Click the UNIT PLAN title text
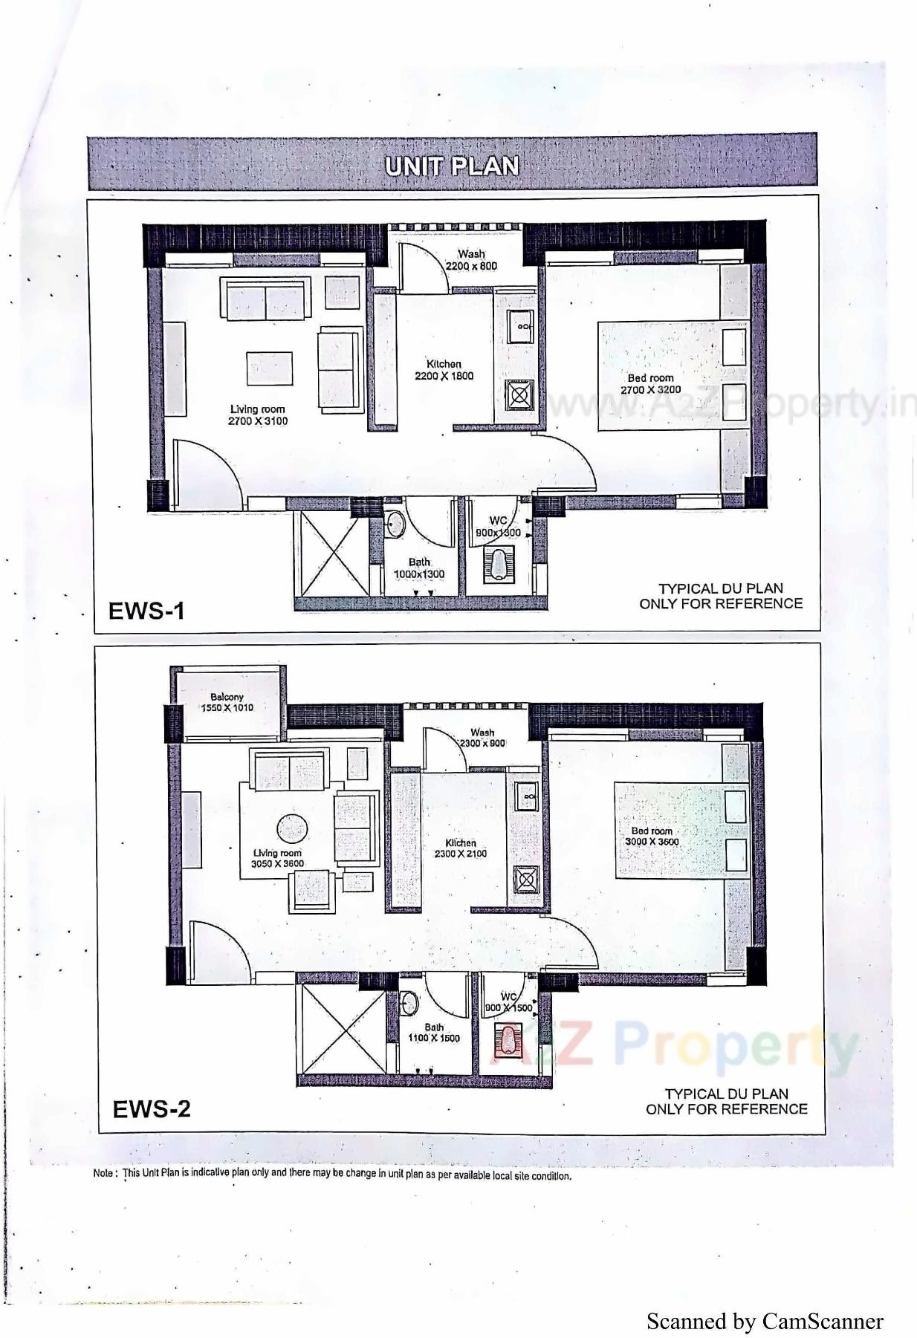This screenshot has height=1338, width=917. coord(452,166)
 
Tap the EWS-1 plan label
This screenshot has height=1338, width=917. coord(146,611)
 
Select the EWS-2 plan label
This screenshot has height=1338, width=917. coord(151,1108)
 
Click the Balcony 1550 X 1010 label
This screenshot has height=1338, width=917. coord(227,702)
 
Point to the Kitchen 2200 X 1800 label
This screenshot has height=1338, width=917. coord(444,370)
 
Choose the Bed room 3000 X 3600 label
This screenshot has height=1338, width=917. coord(652,837)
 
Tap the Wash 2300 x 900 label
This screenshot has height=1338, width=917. coord(482,738)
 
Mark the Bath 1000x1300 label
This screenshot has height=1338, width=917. coord(419,568)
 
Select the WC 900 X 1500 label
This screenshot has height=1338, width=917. coord(508,1002)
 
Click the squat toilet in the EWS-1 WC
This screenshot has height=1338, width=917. coord(497,562)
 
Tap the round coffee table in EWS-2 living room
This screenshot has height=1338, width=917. coord(292,829)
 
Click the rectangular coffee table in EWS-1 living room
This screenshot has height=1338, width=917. coord(269,368)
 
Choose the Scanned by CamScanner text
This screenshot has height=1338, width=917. coord(764,1321)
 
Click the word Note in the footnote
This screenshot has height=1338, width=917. coord(103,1175)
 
